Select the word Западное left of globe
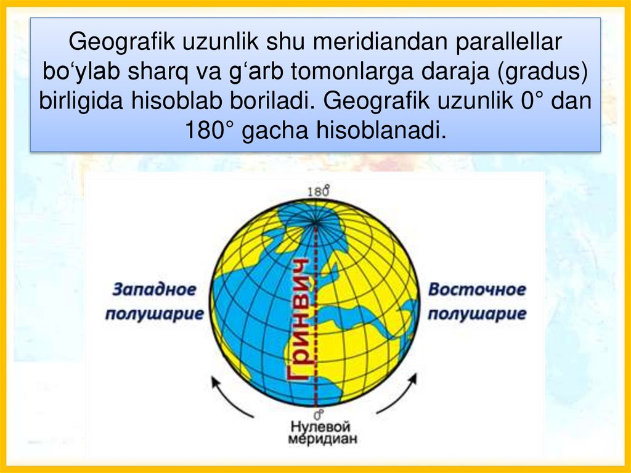coord(154,289)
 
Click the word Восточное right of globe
coord(478,289)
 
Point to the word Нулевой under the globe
coord(320,427)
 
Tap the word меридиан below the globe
coord(320,440)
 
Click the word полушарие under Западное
coord(154,313)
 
